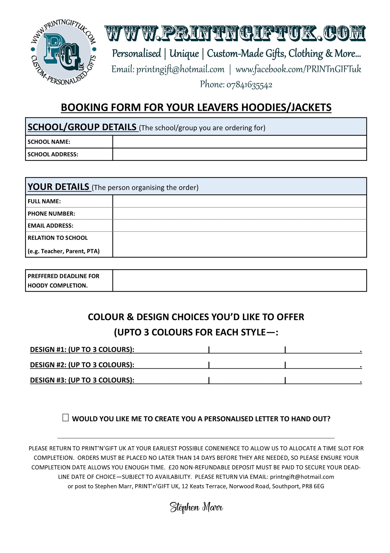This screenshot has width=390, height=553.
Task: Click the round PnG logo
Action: [x=63, y=50]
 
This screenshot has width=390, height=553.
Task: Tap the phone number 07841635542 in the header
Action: [x=249, y=85]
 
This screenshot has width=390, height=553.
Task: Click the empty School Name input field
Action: [x=239, y=142]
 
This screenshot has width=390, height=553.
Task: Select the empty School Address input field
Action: [x=239, y=154]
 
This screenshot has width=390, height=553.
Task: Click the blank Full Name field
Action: [x=239, y=201]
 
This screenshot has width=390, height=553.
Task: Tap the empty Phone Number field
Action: [x=239, y=214]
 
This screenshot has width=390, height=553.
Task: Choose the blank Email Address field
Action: [x=239, y=225]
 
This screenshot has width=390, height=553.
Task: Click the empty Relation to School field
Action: [x=239, y=244]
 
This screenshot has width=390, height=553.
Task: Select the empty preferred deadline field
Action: [x=239, y=281]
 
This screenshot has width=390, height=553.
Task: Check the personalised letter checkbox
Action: [x=65, y=418]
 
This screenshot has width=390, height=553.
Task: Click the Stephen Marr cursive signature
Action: [x=196, y=507]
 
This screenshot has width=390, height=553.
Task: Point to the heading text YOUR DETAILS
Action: [x=59, y=187]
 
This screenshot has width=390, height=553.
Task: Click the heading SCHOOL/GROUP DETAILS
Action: [x=82, y=127]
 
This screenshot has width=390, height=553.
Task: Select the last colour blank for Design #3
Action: [x=323, y=380]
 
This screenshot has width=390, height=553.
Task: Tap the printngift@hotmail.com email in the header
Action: [x=180, y=69]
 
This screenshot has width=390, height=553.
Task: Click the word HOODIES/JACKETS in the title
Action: [x=286, y=108]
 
